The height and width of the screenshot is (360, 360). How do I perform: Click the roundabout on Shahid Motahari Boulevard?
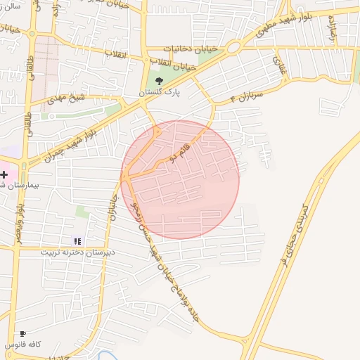click(x=233, y=47)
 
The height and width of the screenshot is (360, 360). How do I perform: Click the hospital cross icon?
click(x=4, y=174)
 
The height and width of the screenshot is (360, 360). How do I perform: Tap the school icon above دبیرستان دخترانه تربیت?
click(x=77, y=241)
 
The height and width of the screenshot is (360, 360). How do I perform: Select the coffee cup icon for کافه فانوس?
click(x=23, y=334)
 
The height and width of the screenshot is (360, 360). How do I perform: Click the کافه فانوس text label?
click(x=23, y=345)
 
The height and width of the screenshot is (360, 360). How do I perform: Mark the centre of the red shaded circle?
click(x=180, y=180)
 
